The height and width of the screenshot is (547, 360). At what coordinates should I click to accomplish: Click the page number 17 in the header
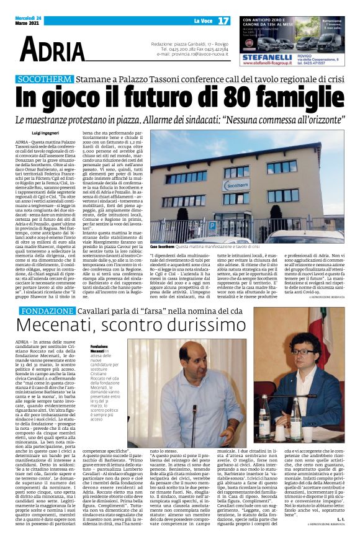(x=223, y=21)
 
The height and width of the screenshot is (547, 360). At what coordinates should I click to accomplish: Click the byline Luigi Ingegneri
(x=46, y=133)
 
